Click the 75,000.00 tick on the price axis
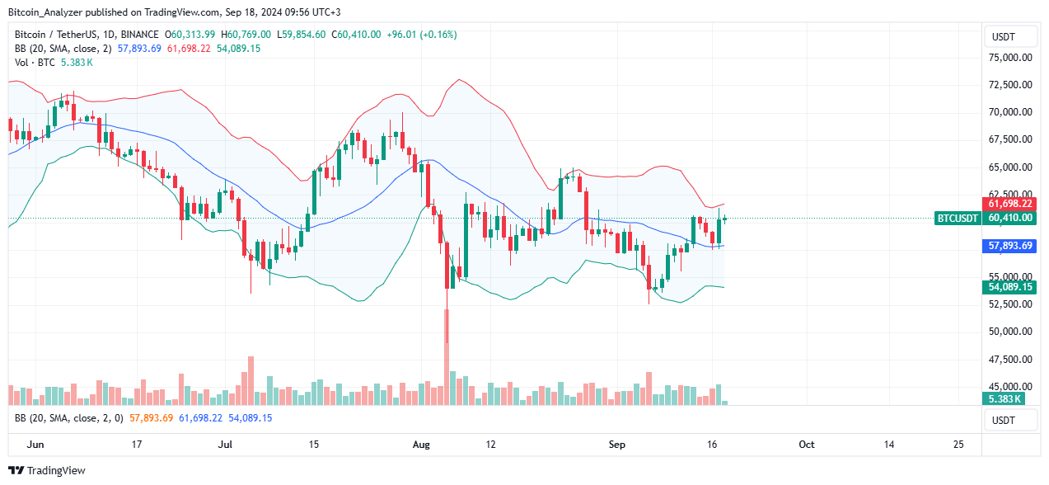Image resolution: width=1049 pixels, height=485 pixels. click(x=1010, y=58)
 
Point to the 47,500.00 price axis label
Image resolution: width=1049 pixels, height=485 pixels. click(x=1010, y=359)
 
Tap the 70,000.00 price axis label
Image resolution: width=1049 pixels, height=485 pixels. click(x=1010, y=112)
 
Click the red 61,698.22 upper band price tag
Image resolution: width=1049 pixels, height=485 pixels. click(x=1009, y=203)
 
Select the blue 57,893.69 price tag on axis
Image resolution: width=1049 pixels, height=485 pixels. click(x=1009, y=246)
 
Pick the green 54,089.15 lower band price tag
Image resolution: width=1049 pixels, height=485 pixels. click(x=1009, y=287)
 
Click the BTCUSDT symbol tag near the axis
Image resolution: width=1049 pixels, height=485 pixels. click(x=958, y=219)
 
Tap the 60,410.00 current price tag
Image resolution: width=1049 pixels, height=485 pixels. click(x=1009, y=219)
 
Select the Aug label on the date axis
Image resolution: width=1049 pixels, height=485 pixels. click(x=421, y=445)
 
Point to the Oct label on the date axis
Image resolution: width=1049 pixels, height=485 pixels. click(x=806, y=445)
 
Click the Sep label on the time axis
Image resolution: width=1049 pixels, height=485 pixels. click(x=617, y=445)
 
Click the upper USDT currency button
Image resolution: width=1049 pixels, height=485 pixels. click(x=1009, y=37)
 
